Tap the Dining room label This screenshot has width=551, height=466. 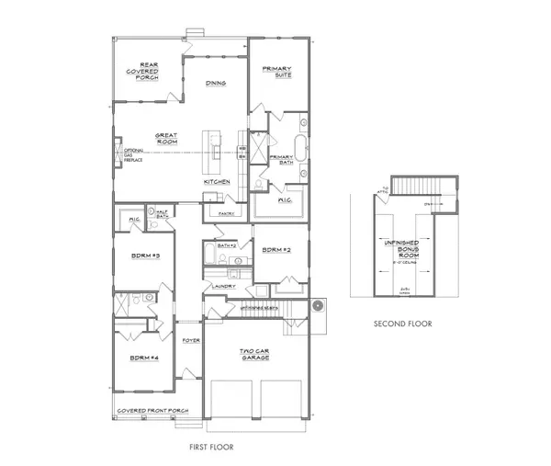pos(216,84)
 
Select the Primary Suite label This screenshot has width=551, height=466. pos(276,73)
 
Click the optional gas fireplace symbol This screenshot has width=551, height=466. pos(116,153)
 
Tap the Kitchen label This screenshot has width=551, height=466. pos(217,182)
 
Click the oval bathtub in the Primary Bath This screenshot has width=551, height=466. pos(300,147)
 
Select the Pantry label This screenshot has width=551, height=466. pos(227,213)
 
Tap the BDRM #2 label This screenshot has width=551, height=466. pos(276,250)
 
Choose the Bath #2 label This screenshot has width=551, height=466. pos(228,245)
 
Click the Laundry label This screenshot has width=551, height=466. pos(223,286)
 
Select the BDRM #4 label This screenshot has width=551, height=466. pos(144,357)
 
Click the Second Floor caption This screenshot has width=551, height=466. pos(402,324)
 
